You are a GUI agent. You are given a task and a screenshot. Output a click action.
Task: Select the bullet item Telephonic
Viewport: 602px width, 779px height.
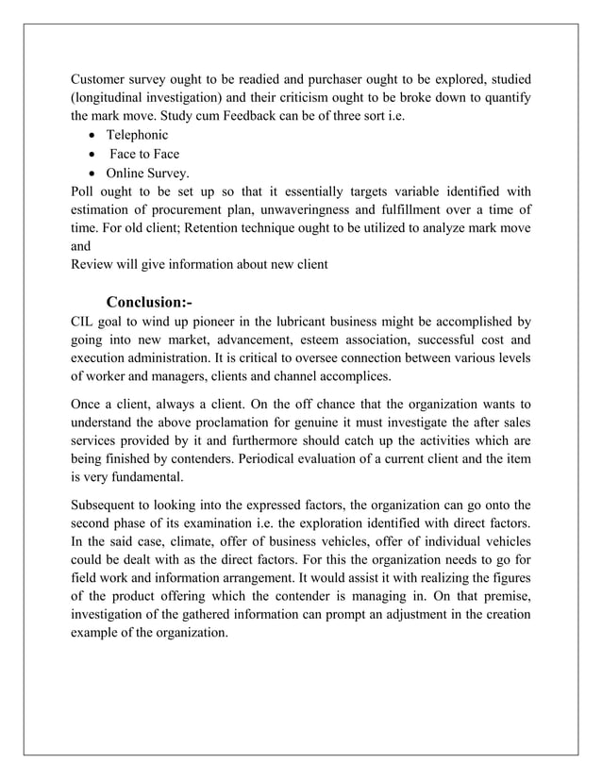[x=137, y=136]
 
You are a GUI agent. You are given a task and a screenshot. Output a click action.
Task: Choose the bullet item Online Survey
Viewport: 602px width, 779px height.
[x=147, y=174]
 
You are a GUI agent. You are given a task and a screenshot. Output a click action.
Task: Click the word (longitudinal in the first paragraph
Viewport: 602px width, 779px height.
[x=114, y=99]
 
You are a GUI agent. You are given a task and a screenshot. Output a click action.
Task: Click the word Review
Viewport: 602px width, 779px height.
[x=94, y=264]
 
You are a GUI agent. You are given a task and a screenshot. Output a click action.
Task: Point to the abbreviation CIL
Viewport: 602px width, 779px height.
[x=85, y=322]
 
